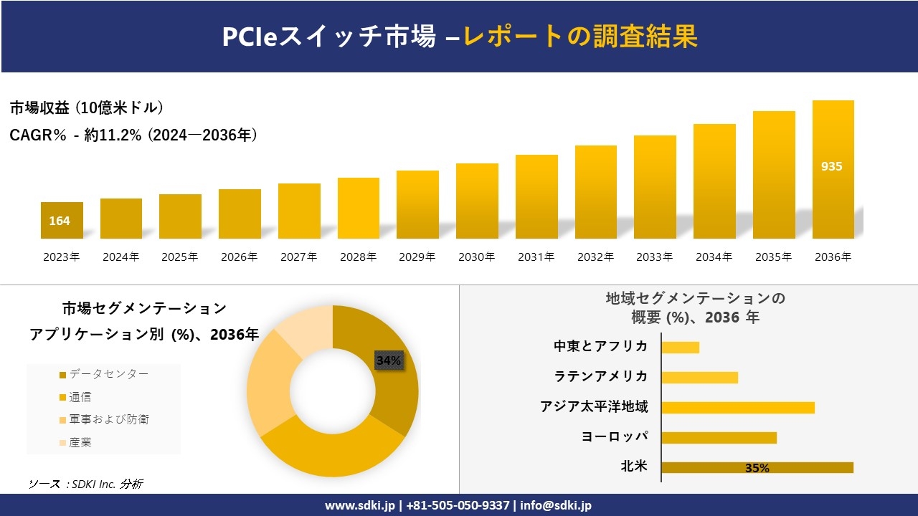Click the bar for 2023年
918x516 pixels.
[62, 220]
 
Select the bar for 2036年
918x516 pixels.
[833, 169]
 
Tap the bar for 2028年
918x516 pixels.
[358, 208]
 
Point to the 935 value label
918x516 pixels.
[832, 166]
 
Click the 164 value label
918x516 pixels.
[60, 221]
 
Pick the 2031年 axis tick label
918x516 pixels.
[536, 257]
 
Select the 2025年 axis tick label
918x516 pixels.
[179, 257]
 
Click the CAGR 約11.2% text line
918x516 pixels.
[133, 135]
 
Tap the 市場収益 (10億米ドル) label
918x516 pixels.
[86, 108]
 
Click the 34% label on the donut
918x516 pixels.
[389, 360]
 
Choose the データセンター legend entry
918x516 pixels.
[108, 374]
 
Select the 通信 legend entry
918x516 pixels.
[80, 397]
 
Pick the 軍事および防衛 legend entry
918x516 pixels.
[108, 420]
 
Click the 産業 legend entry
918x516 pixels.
[80, 443]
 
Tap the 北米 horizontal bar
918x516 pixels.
[757, 468]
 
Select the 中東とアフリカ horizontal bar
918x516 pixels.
[680, 347]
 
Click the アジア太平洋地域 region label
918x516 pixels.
[594, 407]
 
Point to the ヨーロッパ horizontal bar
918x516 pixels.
[719, 437]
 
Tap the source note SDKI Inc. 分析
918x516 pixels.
[85, 484]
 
